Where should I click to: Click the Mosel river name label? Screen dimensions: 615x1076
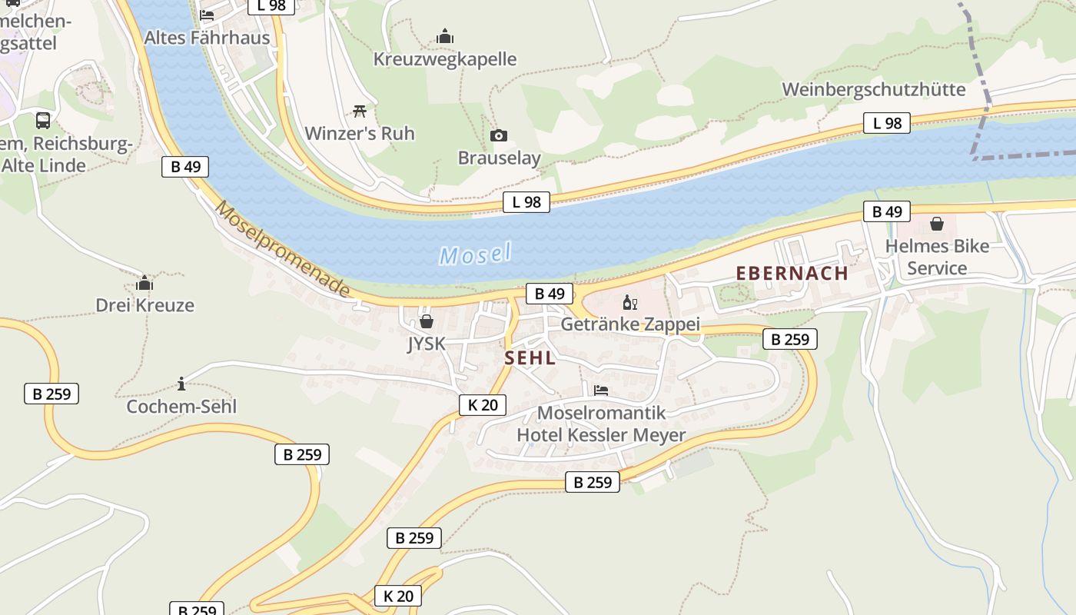tap(475, 254)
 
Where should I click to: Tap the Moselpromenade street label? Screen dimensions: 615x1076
tap(282, 249)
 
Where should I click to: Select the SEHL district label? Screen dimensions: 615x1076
tap(530, 358)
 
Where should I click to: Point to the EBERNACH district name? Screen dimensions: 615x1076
tap(792, 273)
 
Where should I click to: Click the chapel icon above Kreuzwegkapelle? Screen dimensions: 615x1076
tap(445, 36)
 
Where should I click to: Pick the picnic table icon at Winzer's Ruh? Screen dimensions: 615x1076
tap(359, 111)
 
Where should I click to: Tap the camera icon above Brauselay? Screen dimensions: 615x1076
tap(499, 136)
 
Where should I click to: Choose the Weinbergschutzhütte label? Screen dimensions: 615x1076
tap(873, 89)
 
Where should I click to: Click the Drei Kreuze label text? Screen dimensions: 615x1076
tap(144, 305)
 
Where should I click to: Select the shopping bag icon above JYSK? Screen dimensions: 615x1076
tap(426, 321)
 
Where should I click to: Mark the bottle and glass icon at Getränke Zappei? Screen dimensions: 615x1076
tap(629, 302)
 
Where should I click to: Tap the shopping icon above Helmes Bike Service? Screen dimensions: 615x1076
tap(936, 224)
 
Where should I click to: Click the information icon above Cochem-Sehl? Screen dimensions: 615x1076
tap(181, 383)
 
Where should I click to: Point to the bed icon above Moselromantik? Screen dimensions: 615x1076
tap(600, 391)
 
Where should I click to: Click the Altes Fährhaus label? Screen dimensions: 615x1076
tap(207, 38)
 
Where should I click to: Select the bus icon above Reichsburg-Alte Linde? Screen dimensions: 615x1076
tap(43, 121)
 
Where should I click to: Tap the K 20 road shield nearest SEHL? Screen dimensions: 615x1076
tap(483, 405)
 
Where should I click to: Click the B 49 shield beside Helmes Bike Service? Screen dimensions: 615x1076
tap(886, 211)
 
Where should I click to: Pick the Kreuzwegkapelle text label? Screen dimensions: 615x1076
tap(444, 59)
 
